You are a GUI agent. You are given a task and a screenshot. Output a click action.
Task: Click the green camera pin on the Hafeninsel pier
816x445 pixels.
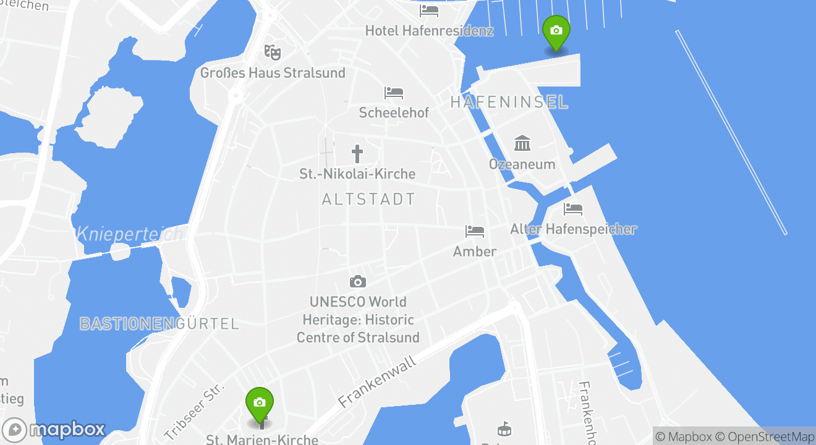tap(556, 31)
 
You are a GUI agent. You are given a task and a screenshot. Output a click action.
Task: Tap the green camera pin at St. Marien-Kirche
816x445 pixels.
tap(260, 403)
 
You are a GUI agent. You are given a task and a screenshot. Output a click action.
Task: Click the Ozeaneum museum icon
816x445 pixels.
tap(522, 143)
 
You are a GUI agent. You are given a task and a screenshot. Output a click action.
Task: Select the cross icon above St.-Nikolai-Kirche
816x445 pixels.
tap(357, 153)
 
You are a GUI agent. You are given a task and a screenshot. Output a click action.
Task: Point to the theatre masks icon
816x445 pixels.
tap(271, 52)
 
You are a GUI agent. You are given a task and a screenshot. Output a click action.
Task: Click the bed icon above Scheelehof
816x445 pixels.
tap(394, 93)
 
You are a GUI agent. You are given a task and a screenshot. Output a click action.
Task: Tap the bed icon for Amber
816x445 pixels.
tap(475, 231)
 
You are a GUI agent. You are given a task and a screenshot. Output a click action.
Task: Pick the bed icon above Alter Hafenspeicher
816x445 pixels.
tap(573, 209)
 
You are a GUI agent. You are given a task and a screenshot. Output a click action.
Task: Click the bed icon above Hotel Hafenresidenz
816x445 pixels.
tap(429, 11)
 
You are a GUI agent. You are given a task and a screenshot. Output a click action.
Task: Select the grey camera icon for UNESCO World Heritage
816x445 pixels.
tap(358, 282)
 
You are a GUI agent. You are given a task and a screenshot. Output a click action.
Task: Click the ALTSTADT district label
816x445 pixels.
tap(368, 200)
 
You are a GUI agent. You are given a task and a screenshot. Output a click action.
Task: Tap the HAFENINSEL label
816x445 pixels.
tap(509, 103)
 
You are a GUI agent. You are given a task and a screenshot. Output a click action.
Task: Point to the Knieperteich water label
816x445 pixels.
tap(129, 234)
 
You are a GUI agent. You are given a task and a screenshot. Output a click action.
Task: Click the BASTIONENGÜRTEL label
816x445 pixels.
tap(159, 323)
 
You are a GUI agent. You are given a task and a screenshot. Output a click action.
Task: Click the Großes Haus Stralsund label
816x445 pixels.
tap(273, 73)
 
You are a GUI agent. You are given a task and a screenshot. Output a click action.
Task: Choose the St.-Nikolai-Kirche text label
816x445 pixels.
tap(357, 174)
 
